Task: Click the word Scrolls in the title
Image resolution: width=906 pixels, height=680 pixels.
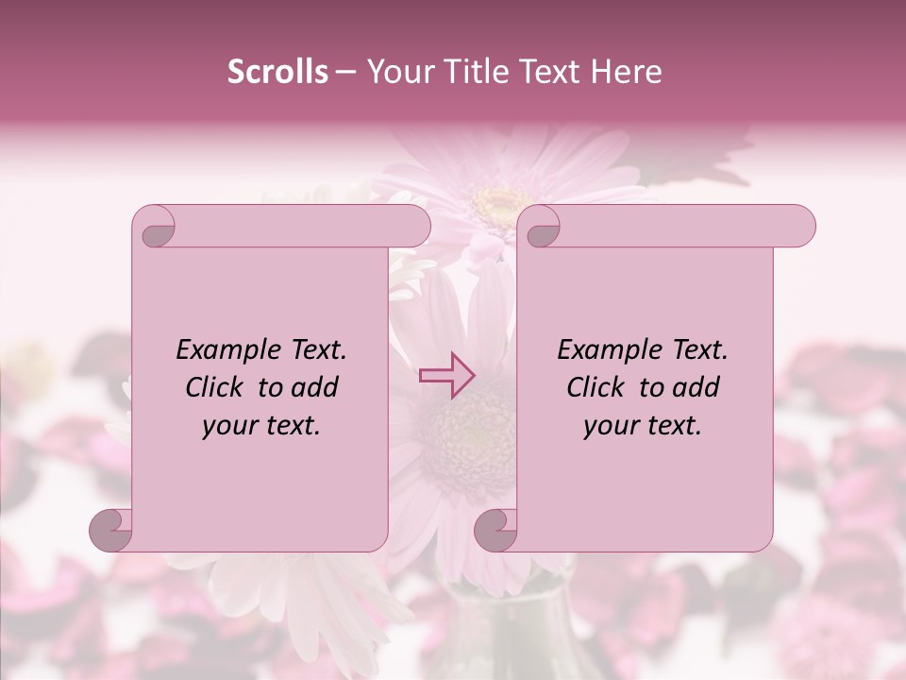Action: tap(277, 72)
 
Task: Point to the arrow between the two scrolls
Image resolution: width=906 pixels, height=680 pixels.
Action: tap(447, 375)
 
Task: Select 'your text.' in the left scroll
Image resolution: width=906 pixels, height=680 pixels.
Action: tap(260, 425)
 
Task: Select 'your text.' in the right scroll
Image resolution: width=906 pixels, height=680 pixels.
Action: tap(642, 425)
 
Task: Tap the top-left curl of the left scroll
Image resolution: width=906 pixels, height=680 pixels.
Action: tap(156, 227)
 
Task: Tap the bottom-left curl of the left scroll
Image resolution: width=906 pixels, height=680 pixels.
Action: tap(112, 529)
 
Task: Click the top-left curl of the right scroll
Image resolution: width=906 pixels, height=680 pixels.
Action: tap(542, 227)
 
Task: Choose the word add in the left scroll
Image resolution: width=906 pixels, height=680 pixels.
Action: tap(313, 387)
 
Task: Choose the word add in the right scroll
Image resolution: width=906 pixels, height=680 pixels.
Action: tap(695, 387)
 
